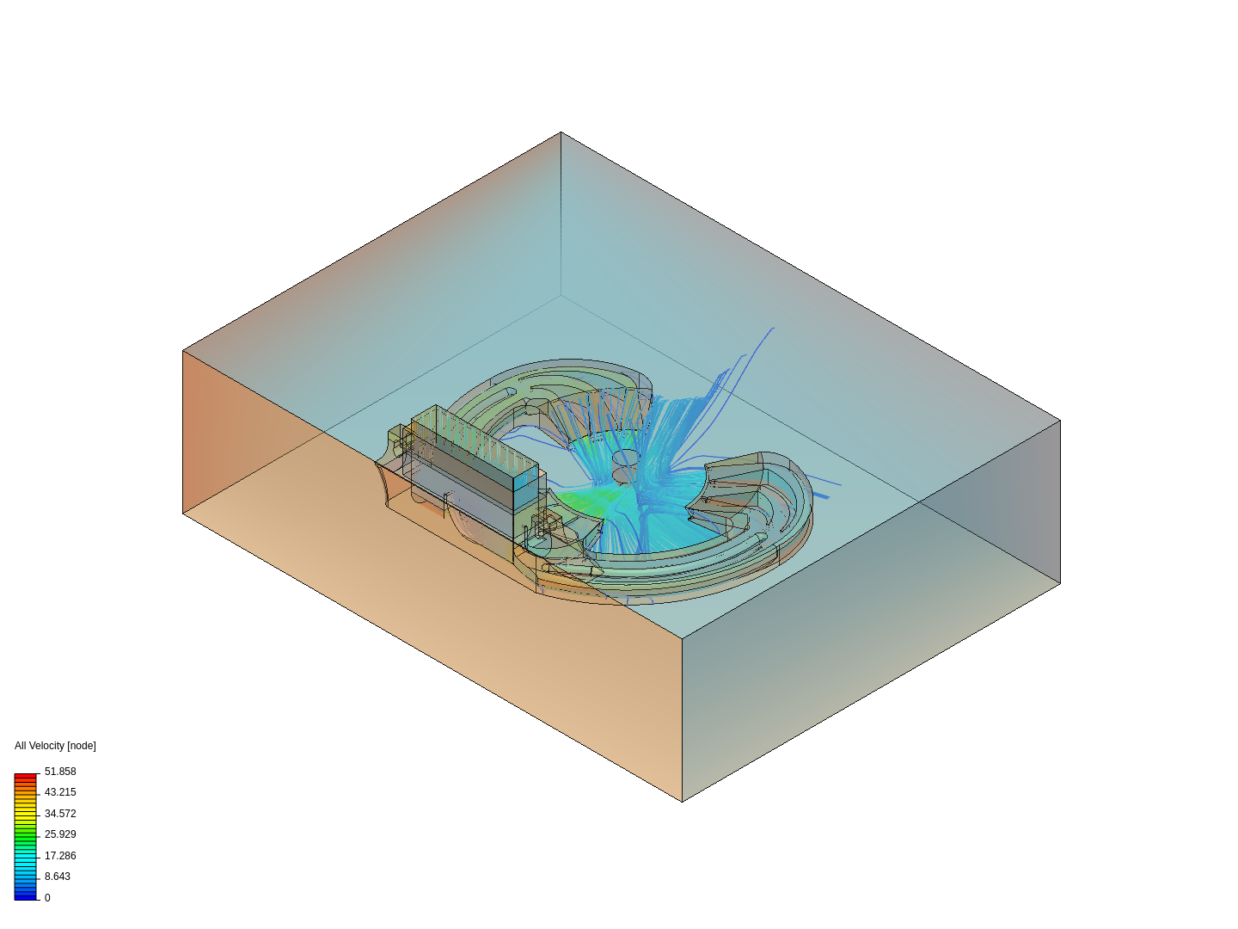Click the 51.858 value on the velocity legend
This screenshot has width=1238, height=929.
tap(60, 771)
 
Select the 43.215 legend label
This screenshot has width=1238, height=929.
tap(60, 792)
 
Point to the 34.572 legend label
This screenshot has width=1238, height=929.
tap(60, 814)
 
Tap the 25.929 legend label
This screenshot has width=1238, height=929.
tap(60, 834)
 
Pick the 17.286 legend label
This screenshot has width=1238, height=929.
tap(60, 856)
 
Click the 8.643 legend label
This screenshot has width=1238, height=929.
tap(57, 877)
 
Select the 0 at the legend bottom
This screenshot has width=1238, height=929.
tap(47, 898)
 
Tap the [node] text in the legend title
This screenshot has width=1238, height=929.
tap(81, 746)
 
